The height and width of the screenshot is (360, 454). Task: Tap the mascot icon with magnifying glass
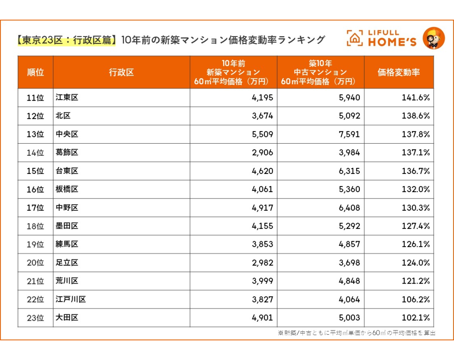433,38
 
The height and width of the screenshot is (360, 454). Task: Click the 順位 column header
36,73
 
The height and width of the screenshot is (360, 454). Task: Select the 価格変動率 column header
399,73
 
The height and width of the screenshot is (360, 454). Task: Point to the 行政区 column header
121,73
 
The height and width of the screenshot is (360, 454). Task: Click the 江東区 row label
67,98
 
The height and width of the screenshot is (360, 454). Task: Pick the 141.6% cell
416,98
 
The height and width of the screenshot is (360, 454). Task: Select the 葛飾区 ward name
67,153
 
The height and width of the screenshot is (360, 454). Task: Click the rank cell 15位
36,171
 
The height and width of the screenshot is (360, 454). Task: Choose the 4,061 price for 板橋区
262,189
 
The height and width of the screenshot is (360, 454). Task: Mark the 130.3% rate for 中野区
416,208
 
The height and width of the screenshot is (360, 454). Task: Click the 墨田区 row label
67,226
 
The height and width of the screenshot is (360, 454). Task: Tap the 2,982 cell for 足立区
262,263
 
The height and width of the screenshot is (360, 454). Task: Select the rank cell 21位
36,281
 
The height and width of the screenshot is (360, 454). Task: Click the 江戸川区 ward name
71,299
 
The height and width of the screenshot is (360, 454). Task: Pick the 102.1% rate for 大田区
416,318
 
